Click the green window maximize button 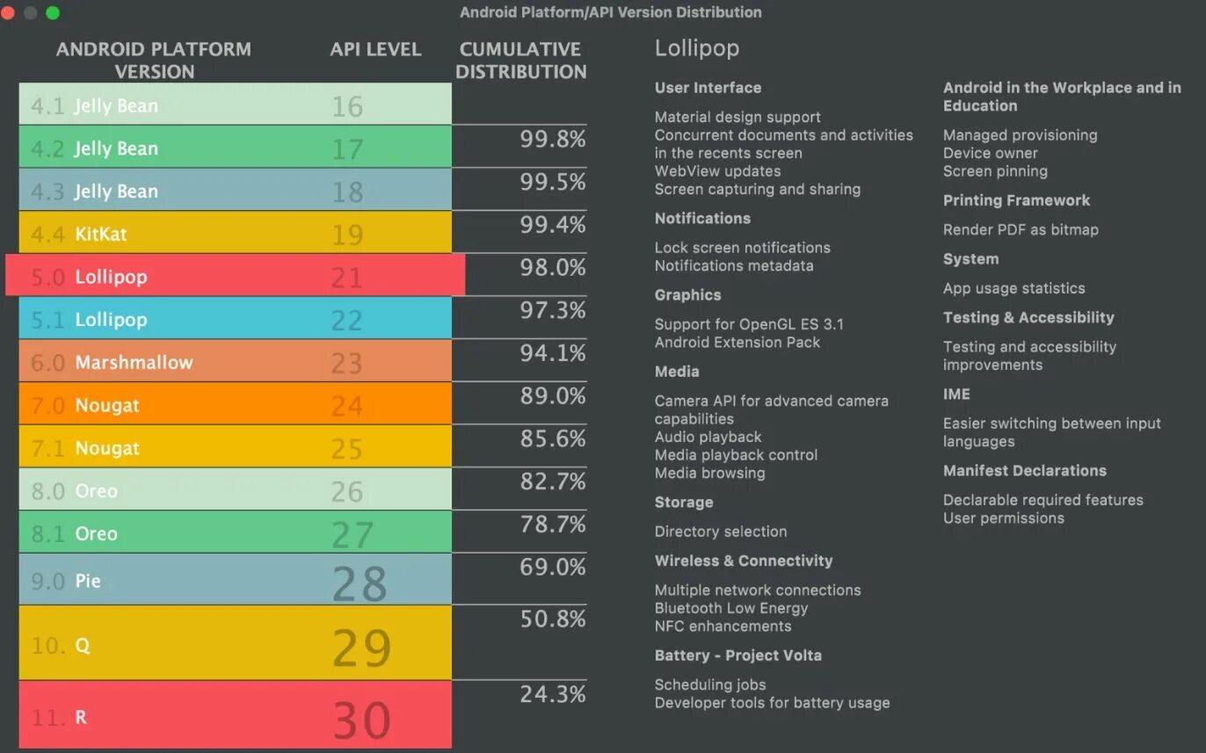click(53, 12)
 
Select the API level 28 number click(360, 583)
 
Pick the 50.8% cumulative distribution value click(552, 619)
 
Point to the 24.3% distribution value click(552, 694)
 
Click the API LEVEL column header click(375, 49)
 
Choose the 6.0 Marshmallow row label click(112, 362)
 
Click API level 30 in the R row click(361, 720)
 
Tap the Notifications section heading click(702, 218)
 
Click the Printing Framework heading click(1016, 200)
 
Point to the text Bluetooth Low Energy click(730, 608)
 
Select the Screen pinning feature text click(995, 171)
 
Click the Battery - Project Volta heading click(737, 655)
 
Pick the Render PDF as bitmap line click(1021, 229)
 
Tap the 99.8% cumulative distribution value click(552, 139)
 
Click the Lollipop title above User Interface click(696, 48)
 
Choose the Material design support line click(737, 117)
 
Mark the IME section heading click(956, 394)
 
